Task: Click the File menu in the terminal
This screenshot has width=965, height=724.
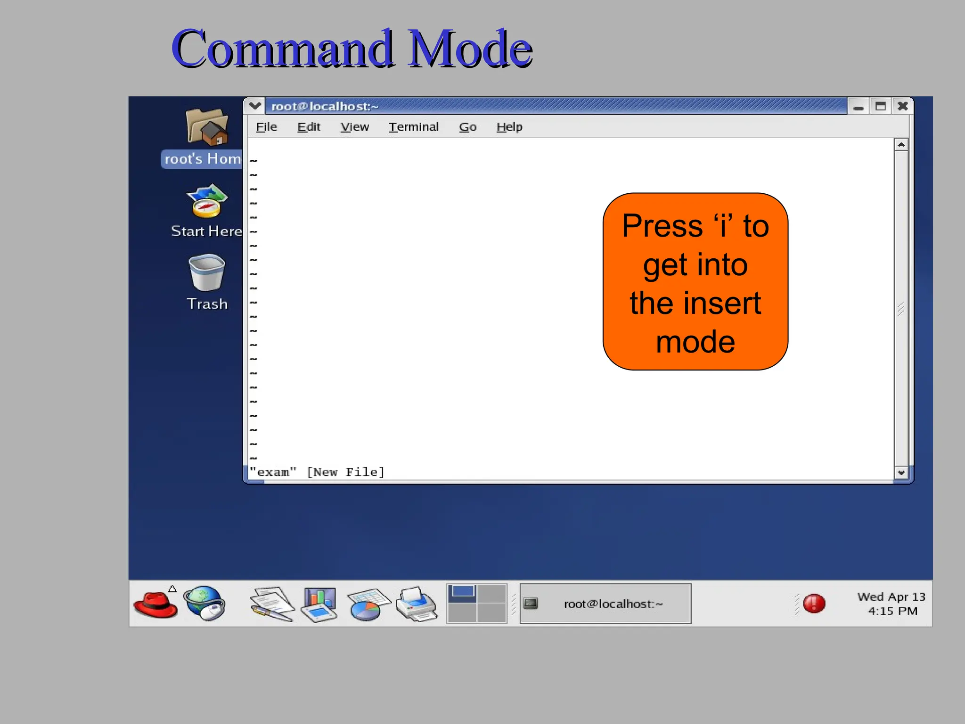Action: [x=266, y=127]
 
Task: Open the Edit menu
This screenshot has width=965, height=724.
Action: [x=309, y=127]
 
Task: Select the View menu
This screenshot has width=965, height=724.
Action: [x=354, y=127]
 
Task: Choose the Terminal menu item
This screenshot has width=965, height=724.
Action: [x=413, y=127]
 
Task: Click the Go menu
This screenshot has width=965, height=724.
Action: [x=467, y=127]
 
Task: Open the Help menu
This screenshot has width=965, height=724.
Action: [x=509, y=127]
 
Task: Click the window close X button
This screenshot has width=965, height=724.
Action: [x=902, y=106]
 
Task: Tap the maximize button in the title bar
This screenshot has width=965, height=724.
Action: [x=880, y=106]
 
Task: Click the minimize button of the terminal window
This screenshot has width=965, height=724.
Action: [x=858, y=107]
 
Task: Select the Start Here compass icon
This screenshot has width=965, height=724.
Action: [x=206, y=201]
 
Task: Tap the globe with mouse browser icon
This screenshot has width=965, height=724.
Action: [x=204, y=603]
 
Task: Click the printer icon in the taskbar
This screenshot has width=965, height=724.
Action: [x=417, y=604]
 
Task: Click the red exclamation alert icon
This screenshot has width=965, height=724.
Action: [x=814, y=603]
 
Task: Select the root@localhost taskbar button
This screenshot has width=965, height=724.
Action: [x=605, y=604]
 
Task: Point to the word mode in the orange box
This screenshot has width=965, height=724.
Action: [x=695, y=341]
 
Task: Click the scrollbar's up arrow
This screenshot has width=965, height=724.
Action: [x=900, y=145]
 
